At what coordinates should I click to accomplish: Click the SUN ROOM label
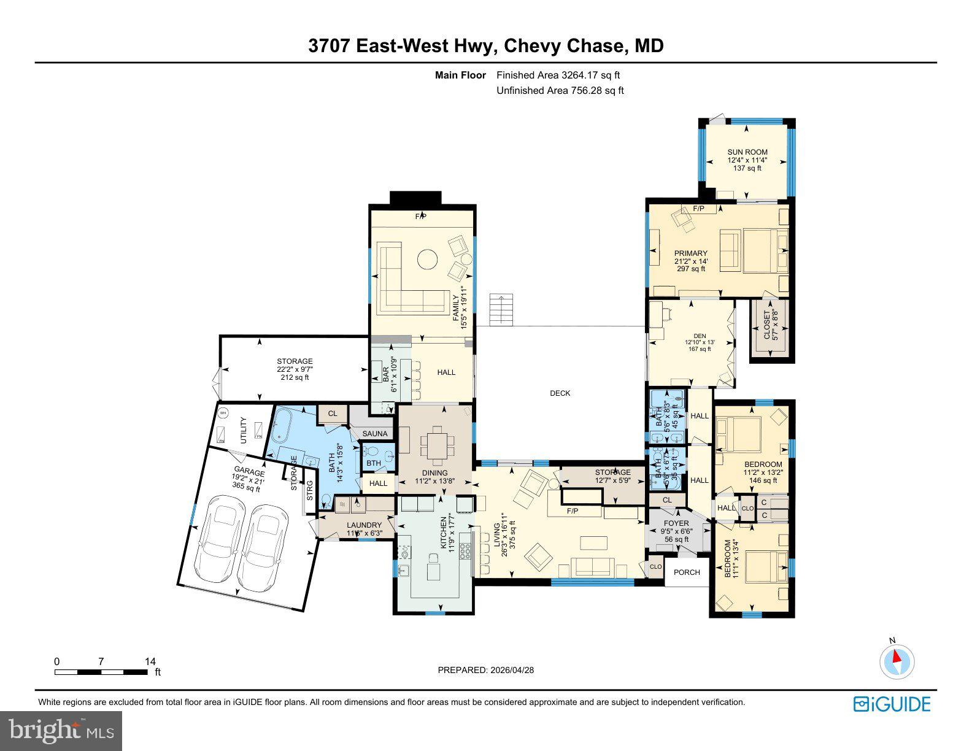point(747,152)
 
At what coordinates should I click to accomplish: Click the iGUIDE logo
point(892,704)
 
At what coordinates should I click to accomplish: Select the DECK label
point(560,393)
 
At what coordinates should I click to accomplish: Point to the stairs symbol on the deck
point(500,310)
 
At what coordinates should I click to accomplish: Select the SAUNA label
point(375,434)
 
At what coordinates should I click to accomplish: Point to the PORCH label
point(687,572)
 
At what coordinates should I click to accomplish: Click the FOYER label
point(675,523)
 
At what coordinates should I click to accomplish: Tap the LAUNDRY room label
point(364,525)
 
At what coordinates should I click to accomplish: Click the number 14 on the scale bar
point(150,661)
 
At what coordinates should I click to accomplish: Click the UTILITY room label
point(244,430)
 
